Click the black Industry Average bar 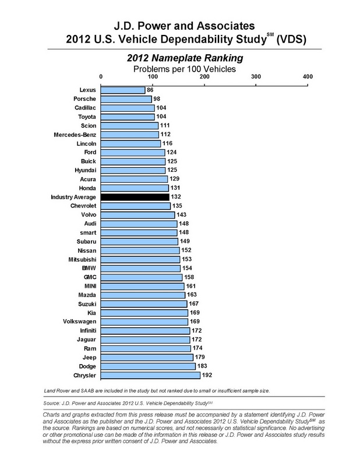pyautogui.click(x=135, y=197)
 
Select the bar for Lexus pyautogui.click(x=123, y=90)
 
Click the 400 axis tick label pyautogui.click(x=308, y=76)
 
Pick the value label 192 pyautogui.click(x=206, y=375)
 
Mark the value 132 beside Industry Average pyautogui.click(x=175, y=197)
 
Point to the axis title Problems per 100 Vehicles pyautogui.click(x=180, y=68)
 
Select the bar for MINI pyautogui.click(x=143, y=286)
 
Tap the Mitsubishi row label pyautogui.click(x=80, y=259)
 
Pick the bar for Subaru pyautogui.click(x=140, y=242)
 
